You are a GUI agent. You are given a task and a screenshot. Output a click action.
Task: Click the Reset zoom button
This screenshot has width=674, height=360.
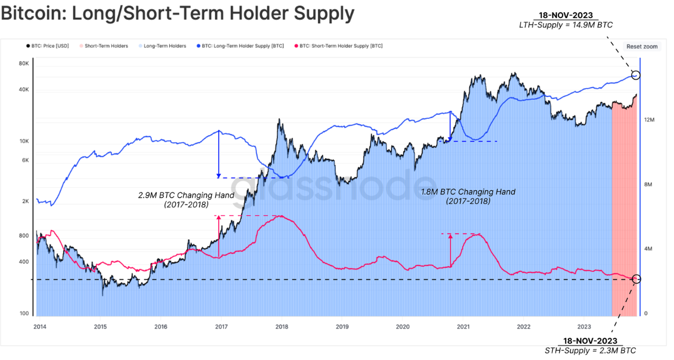(642, 46)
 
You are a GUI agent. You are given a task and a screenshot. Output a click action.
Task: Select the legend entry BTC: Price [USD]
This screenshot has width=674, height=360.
(48, 46)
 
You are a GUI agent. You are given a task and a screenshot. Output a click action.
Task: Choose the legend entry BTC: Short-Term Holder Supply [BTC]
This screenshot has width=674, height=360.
(339, 46)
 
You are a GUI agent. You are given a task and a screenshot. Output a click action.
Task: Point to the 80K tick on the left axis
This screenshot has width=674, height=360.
(24, 64)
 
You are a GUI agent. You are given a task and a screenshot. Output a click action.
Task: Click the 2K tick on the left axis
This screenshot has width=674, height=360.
(26, 202)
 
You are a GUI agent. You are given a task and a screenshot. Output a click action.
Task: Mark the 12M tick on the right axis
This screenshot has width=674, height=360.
(649, 120)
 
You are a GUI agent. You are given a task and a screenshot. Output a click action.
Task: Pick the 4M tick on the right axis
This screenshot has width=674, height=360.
(649, 249)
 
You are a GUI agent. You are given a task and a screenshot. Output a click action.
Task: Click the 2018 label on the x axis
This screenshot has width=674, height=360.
(281, 327)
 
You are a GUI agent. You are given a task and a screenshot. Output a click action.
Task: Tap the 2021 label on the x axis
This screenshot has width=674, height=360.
(463, 327)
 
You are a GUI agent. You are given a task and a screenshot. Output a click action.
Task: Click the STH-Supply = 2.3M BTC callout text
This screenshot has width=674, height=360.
(590, 351)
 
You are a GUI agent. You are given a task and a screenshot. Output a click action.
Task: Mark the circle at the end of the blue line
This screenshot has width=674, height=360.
(636, 75)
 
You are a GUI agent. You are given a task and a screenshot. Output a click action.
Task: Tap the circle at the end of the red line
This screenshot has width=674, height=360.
(636, 279)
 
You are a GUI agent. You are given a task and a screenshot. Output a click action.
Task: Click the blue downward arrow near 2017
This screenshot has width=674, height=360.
(218, 154)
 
